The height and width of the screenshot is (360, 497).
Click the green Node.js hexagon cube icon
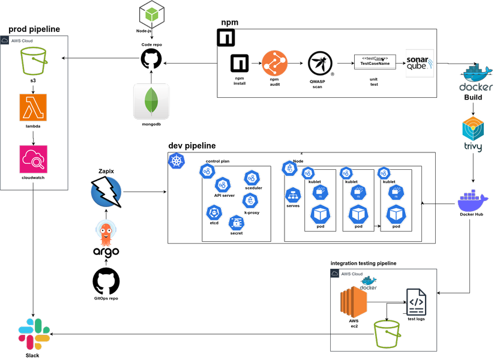pyautogui.click(x=152, y=14)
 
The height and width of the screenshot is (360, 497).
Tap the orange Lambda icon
pyautogui.click(x=33, y=107)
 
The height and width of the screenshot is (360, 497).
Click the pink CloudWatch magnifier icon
pyautogui.click(x=33, y=159)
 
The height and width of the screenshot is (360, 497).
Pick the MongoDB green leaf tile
pyautogui.click(x=151, y=101)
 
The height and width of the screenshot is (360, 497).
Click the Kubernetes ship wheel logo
pyautogui.click(x=176, y=161)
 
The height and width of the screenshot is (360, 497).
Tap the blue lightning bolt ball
pyautogui.click(x=106, y=191)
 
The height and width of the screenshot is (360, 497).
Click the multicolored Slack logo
pyautogui.click(x=34, y=334)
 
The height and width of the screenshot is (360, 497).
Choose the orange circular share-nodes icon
pyautogui.click(x=274, y=64)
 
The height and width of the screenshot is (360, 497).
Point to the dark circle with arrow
pyautogui.click(x=320, y=64)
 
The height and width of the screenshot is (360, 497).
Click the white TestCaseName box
pyautogui.click(x=375, y=62)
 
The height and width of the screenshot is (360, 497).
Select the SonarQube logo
pyautogui.click(x=420, y=64)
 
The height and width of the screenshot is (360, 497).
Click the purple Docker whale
pyautogui.click(x=473, y=201)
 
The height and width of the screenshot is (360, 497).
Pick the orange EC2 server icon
pyautogui.click(x=354, y=302)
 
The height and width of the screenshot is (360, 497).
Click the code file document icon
pyautogui.click(x=416, y=302)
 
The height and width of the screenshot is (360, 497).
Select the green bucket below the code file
pyautogui.click(x=387, y=334)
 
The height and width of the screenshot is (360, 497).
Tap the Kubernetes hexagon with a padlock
pyautogui.click(x=236, y=223)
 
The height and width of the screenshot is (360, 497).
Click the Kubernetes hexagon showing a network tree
pyautogui.click(x=293, y=195)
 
